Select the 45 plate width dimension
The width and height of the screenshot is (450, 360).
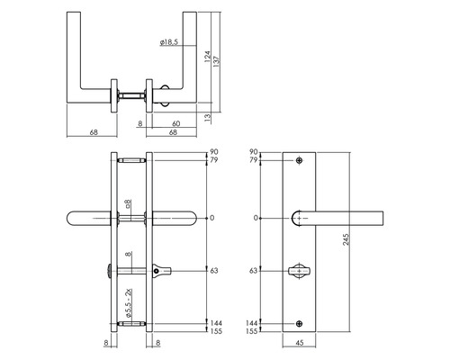coord(301,342)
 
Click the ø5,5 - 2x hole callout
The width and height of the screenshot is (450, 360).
coord(130,300)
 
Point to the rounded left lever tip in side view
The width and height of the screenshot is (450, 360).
coord(74,217)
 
